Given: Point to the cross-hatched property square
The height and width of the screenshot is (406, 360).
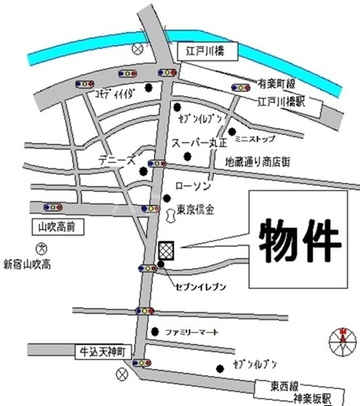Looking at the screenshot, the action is click(x=166, y=250).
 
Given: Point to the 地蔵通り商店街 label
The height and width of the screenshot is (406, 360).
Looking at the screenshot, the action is click(x=257, y=162).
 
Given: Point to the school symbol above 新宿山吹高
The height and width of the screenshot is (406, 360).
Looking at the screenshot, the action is click(x=40, y=249).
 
